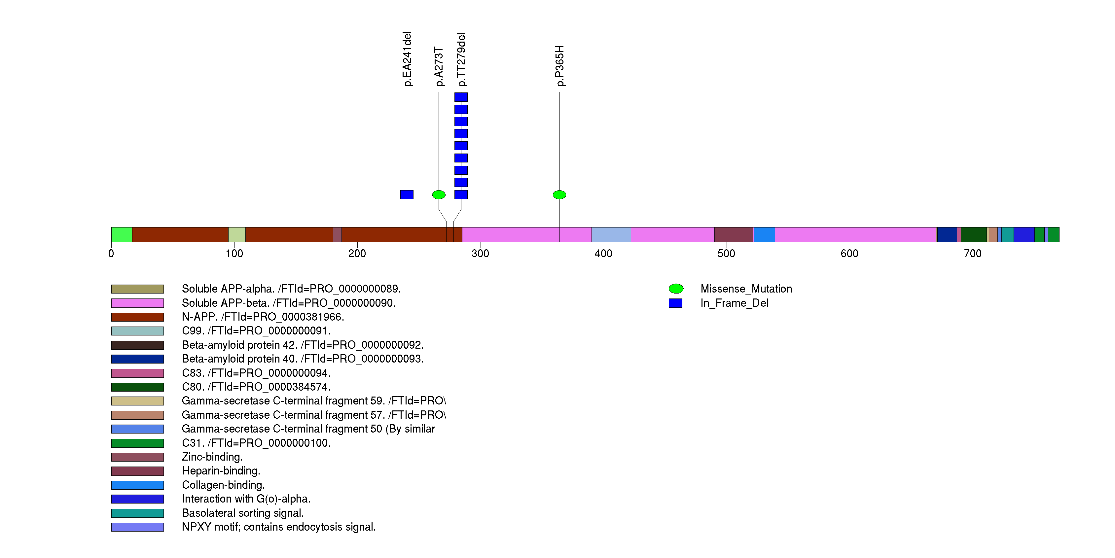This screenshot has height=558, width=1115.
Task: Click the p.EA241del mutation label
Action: (x=407, y=59)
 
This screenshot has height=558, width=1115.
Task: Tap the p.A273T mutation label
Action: (x=439, y=67)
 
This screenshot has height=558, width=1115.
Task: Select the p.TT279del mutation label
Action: (x=461, y=60)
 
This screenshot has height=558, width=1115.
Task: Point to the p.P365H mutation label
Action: (x=560, y=66)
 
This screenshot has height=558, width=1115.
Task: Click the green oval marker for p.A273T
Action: (x=439, y=195)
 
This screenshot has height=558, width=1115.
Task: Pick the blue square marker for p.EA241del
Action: (x=407, y=195)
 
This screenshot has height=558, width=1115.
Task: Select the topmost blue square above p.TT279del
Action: (x=461, y=97)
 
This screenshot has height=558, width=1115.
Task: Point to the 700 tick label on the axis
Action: (x=972, y=254)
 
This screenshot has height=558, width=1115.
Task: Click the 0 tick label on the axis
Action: (x=111, y=254)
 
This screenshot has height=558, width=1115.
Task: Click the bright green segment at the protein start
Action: (x=122, y=234)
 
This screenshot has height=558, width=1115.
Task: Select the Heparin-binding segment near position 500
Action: (x=733, y=234)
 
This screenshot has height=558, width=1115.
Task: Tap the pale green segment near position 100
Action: (x=237, y=234)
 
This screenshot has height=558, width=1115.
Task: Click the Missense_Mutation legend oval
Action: (x=676, y=289)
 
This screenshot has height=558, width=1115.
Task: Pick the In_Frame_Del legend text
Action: (x=734, y=303)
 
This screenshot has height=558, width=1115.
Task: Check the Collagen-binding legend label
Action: (x=223, y=485)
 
